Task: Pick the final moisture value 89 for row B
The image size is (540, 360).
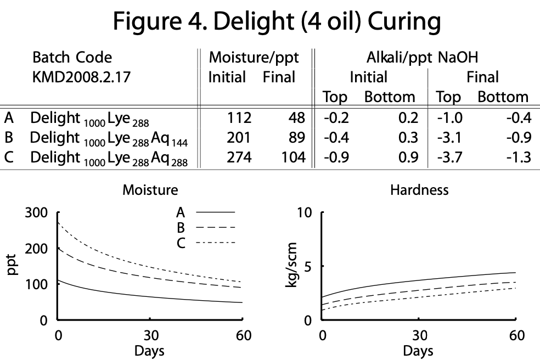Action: (294, 137)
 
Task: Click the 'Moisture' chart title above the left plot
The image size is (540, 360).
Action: (150, 190)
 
